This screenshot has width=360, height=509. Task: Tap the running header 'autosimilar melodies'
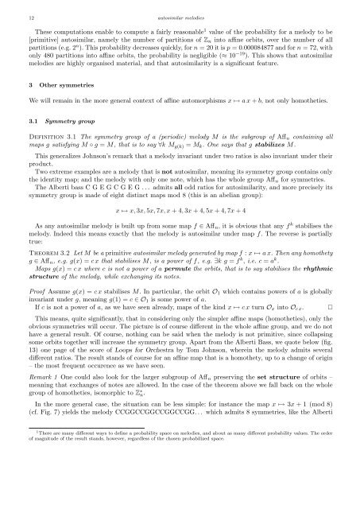(x=180, y=14)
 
